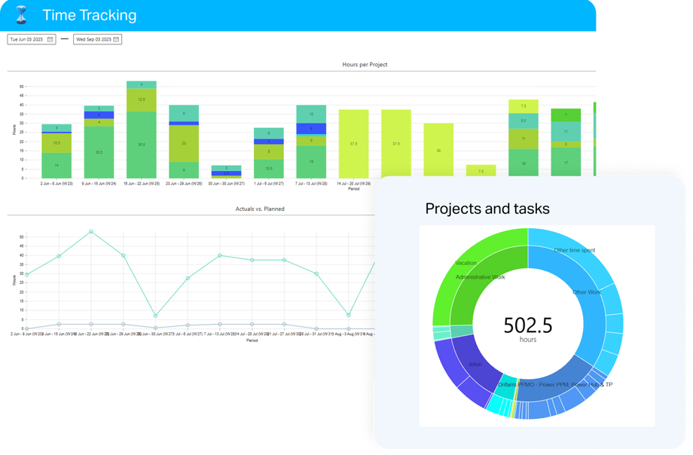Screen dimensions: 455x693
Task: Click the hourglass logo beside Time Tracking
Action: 21,14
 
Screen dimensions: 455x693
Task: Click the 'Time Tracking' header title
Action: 89,15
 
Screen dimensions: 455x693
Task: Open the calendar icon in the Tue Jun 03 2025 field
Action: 50,39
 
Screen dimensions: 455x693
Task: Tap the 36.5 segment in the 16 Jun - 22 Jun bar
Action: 141,144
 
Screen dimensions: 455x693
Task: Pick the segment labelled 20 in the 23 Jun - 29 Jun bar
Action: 183,142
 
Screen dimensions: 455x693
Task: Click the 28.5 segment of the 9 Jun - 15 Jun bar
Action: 99,151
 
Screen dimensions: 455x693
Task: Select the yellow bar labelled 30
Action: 438,150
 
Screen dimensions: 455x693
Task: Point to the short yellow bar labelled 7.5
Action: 481,171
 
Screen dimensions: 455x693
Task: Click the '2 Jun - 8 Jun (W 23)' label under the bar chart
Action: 56,183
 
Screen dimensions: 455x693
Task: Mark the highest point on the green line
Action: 91,231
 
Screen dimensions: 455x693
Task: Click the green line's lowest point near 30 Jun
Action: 155,316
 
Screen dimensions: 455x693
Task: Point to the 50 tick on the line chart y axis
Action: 22,237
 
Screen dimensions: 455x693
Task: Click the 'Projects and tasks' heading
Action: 487,208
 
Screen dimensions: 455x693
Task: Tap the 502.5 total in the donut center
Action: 527,325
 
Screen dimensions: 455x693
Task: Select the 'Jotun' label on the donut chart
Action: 475,364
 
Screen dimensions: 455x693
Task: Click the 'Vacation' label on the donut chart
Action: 466,263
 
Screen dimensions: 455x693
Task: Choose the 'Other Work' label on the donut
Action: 588,292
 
